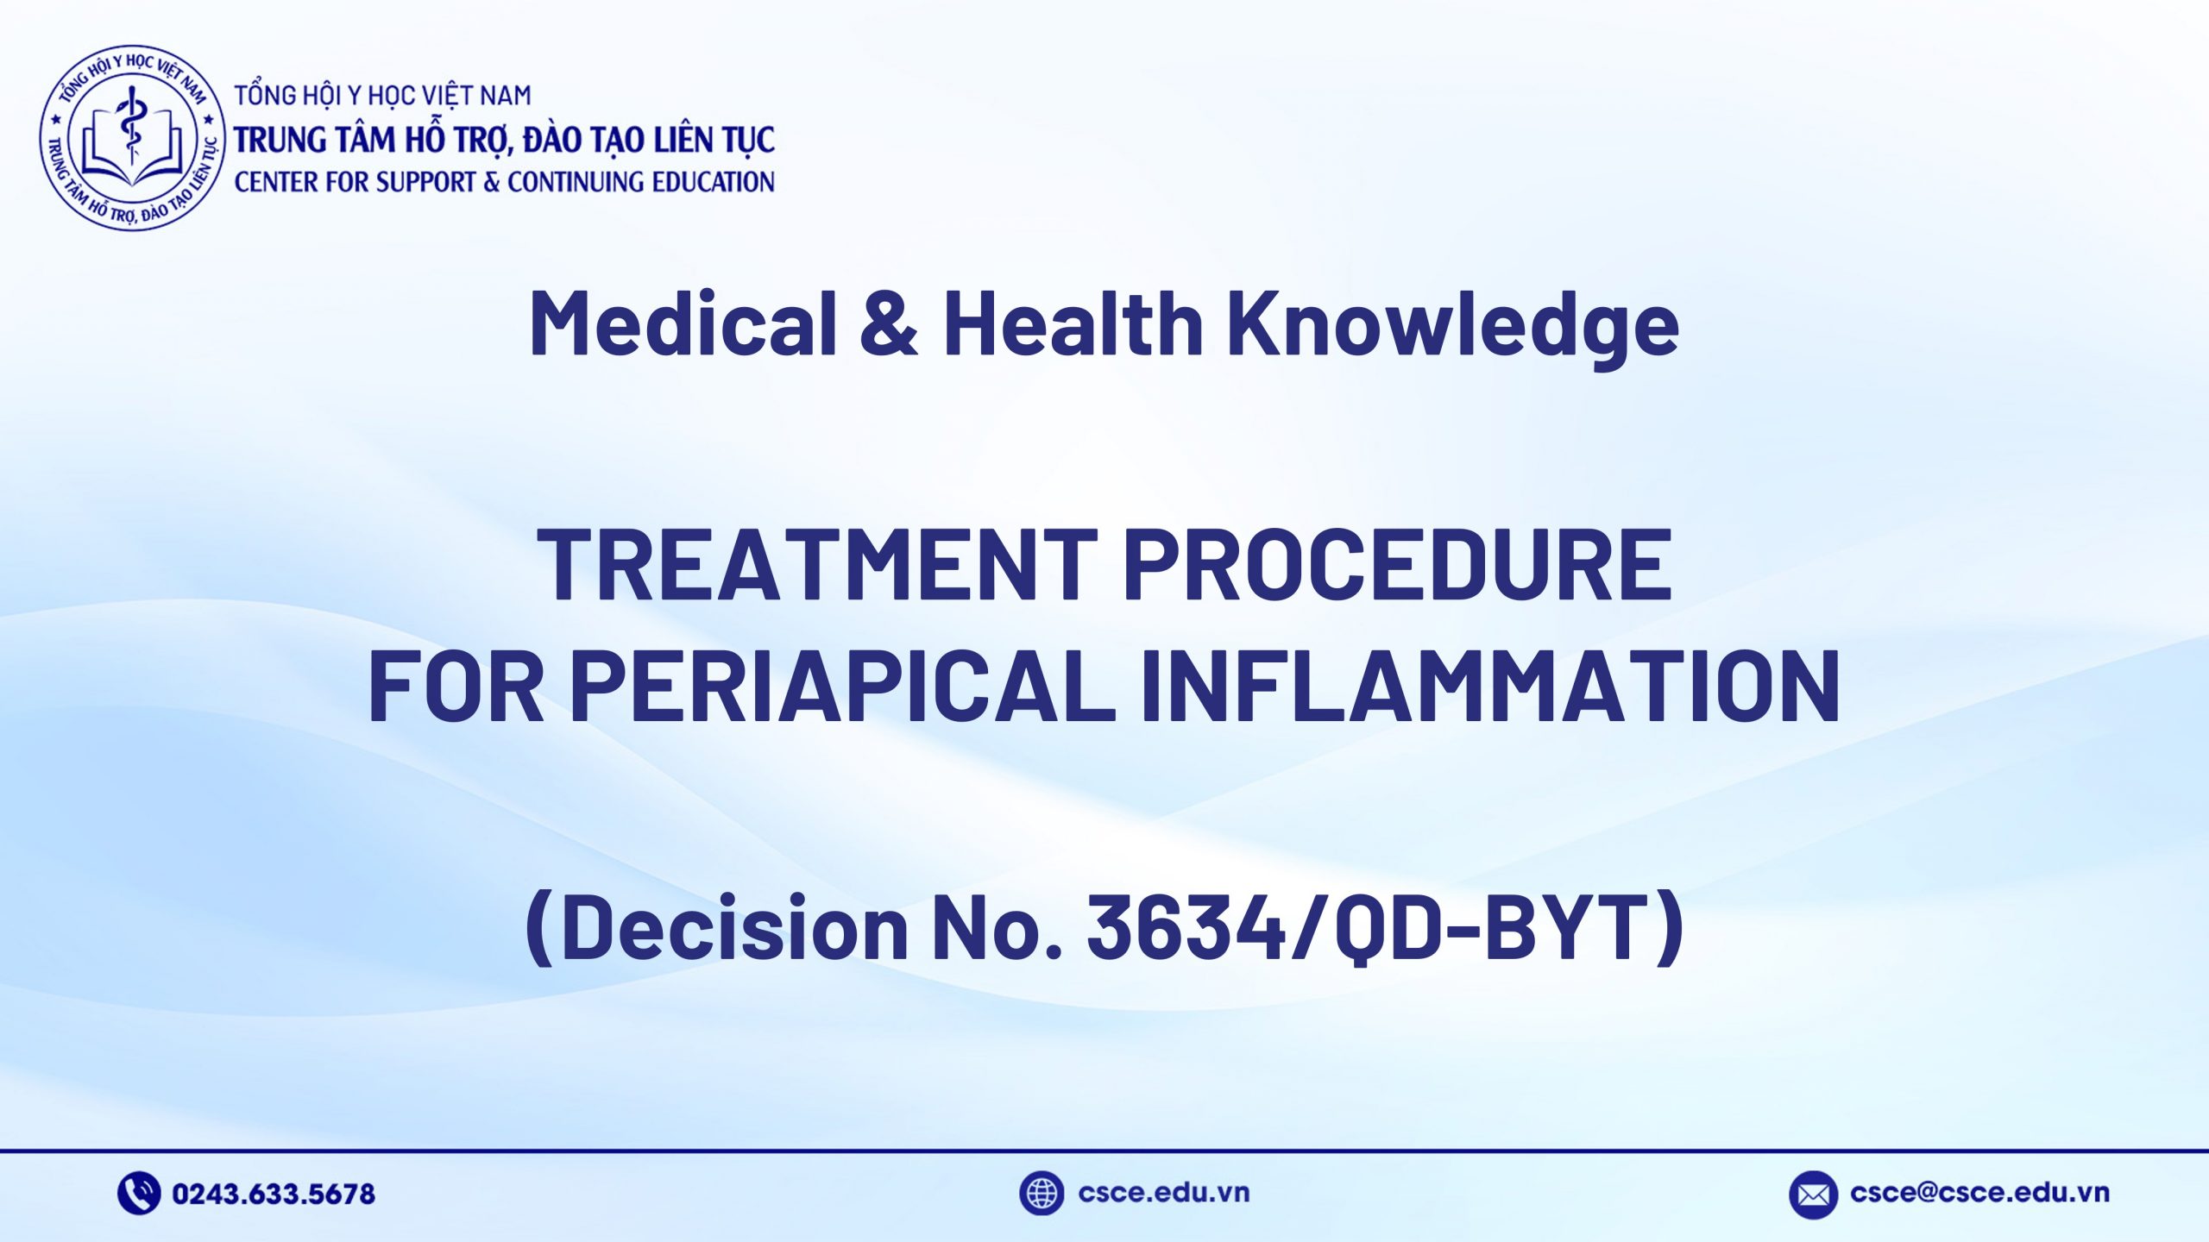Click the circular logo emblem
click(x=132, y=139)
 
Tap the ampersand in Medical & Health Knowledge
click(x=890, y=323)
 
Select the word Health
click(x=1073, y=323)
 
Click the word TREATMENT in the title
click(x=816, y=564)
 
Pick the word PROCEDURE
click(x=1398, y=564)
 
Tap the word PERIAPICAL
click(x=842, y=687)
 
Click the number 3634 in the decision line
click(x=1186, y=927)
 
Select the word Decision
click(x=734, y=927)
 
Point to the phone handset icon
click(x=138, y=1194)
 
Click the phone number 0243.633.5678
click(x=274, y=1194)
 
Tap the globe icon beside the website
click(x=1041, y=1194)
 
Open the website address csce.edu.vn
click(x=1163, y=1193)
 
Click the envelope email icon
click(x=1813, y=1195)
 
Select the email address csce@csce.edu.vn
click(x=1979, y=1193)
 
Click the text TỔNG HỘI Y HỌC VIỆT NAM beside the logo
click(x=382, y=95)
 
